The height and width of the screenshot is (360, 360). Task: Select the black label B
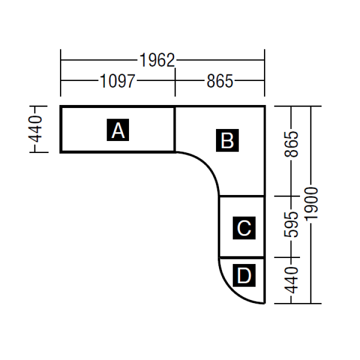tap(227, 140)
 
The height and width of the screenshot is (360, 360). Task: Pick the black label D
tap(244, 275)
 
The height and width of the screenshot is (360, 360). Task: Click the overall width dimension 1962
tap(157, 61)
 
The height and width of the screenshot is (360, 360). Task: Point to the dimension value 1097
tap(117, 81)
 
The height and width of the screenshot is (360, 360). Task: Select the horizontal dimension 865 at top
tap(220, 81)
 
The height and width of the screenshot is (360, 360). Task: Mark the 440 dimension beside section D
tap(292, 279)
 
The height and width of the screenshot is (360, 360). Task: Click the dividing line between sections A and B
tap(174, 129)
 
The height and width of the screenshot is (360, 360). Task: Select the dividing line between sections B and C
tap(242, 196)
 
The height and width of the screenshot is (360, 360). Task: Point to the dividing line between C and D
tap(242, 258)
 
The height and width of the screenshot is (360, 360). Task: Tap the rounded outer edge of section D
tap(232, 290)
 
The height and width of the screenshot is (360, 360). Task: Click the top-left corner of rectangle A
tap(61, 106)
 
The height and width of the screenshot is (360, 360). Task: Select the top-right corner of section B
tap(264, 106)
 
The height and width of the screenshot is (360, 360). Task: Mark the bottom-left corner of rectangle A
tap(61, 151)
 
